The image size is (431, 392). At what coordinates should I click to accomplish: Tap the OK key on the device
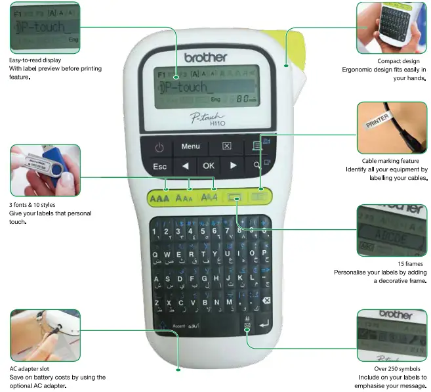pyautogui.click(x=209, y=165)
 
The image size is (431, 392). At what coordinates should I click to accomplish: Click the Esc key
pyautogui.click(x=159, y=166)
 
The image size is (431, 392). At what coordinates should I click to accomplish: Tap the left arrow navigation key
pyautogui.click(x=185, y=165)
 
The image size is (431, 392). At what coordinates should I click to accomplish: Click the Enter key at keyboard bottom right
pyautogui.click(x=264, y=324)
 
